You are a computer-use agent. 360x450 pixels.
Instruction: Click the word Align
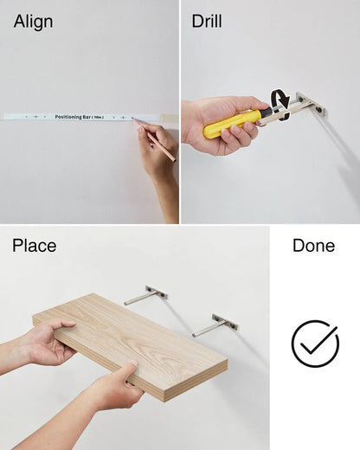pos(33,22)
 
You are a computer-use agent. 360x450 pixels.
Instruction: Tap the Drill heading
pos(207,21)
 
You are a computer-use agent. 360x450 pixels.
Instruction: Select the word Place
pos(34,246)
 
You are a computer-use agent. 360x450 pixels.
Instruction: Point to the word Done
pos(313,246)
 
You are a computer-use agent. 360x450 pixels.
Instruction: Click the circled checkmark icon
pos(315,344)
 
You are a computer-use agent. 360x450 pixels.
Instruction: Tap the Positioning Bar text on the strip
pos(80,117)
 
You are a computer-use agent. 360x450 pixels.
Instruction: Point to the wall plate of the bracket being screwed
pos(312,105)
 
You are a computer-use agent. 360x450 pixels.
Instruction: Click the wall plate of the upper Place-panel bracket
pos(157,292)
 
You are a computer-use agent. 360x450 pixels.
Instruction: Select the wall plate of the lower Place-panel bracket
pos(225,322)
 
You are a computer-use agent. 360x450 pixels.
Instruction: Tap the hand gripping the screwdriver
pos(222,124)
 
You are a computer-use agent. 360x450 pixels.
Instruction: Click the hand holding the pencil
pos(157,150)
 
